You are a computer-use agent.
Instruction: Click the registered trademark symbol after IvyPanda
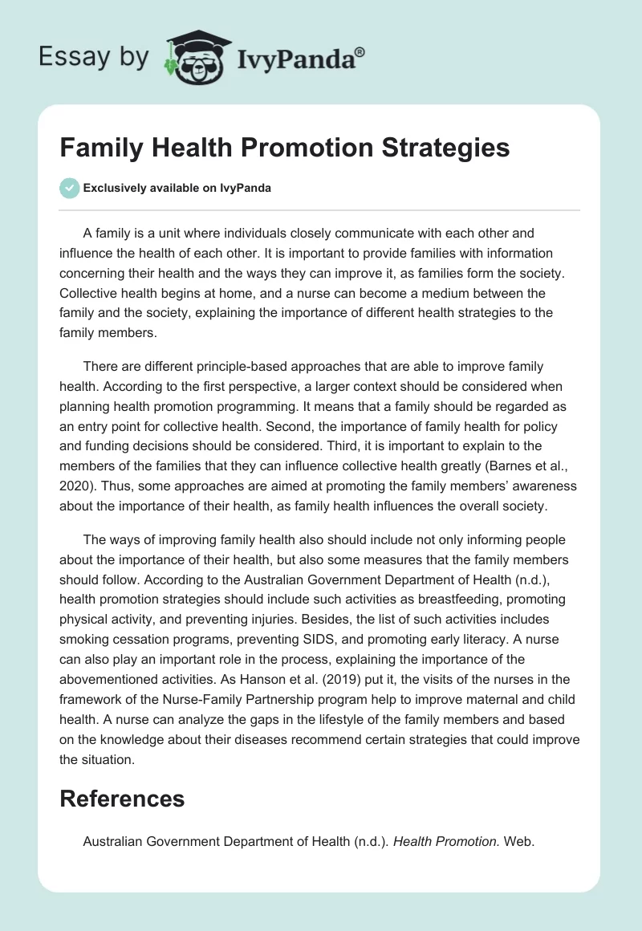tap(360, 51)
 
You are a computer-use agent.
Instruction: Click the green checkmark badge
tap(69, 189)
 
